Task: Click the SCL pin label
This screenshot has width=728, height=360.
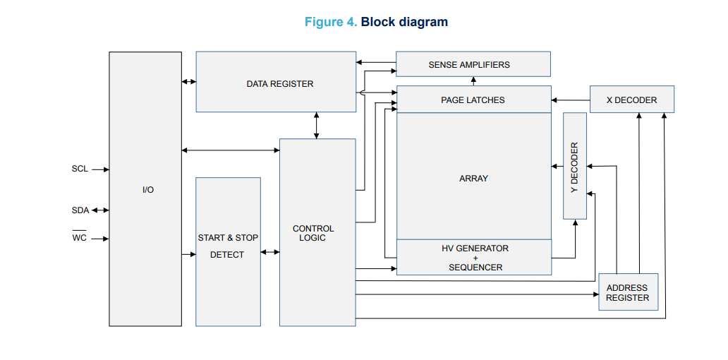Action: tap(80, 169)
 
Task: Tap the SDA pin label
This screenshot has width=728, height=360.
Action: tap(80, 210)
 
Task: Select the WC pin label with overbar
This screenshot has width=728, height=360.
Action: tap(80, 237)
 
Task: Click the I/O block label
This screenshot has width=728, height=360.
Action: tap(148, 190)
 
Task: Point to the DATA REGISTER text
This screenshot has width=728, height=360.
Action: tap(280, 84)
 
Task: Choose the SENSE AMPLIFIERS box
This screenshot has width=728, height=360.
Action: tap(473, 64)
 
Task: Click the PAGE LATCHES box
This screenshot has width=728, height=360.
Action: tap(474, 100)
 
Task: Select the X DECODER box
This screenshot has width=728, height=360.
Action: tap(632, 100)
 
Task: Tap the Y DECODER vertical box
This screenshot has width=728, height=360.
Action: tap(575, 166)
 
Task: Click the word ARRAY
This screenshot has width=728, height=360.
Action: tap(473, 179)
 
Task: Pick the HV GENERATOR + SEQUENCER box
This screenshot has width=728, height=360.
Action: tap(474, 258)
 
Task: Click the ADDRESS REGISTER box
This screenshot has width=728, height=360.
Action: tap(628, 292)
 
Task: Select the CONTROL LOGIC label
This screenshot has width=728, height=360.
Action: tap(313, 233)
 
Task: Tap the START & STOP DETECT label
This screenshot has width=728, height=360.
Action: tap(228, 246)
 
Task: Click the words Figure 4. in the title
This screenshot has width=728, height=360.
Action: tap(331, 22)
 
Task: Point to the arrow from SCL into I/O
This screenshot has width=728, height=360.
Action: tap(100, 169)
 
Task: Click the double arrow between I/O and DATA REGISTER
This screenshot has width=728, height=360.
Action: tap(189, 82)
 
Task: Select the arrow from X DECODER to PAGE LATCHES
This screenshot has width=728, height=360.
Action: tap(571, 100)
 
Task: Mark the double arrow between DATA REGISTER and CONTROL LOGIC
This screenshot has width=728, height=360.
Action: tap(317, 126)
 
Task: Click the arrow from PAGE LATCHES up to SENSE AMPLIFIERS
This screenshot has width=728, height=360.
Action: tap(473, 81)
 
